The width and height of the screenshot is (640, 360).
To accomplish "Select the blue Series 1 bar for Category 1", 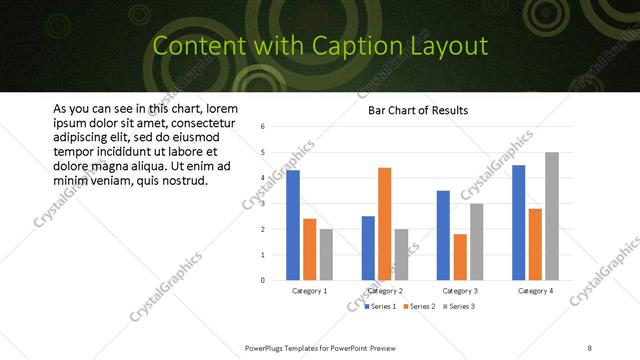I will coord(293,225).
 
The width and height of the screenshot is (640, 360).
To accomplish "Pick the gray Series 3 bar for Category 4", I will coord(552,216).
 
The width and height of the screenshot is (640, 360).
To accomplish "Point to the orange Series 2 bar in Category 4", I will coord(536,244).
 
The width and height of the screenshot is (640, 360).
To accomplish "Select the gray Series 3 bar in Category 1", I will coord(325,254).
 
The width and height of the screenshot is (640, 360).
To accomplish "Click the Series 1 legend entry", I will coord(383,305).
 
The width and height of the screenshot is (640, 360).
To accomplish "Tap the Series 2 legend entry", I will coord(421,305).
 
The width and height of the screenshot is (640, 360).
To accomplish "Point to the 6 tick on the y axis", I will coord(261,127).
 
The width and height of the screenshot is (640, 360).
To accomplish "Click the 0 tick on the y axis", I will coord(261,280).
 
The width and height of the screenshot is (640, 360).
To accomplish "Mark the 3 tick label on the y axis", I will coord(261,203).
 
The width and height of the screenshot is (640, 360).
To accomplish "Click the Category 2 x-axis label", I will coord(385,290).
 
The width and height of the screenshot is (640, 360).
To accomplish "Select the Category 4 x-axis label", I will coord(536,290).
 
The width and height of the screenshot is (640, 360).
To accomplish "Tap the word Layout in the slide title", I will coord(453,46).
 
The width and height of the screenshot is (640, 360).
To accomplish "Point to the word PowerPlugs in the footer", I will coord(269,347).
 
